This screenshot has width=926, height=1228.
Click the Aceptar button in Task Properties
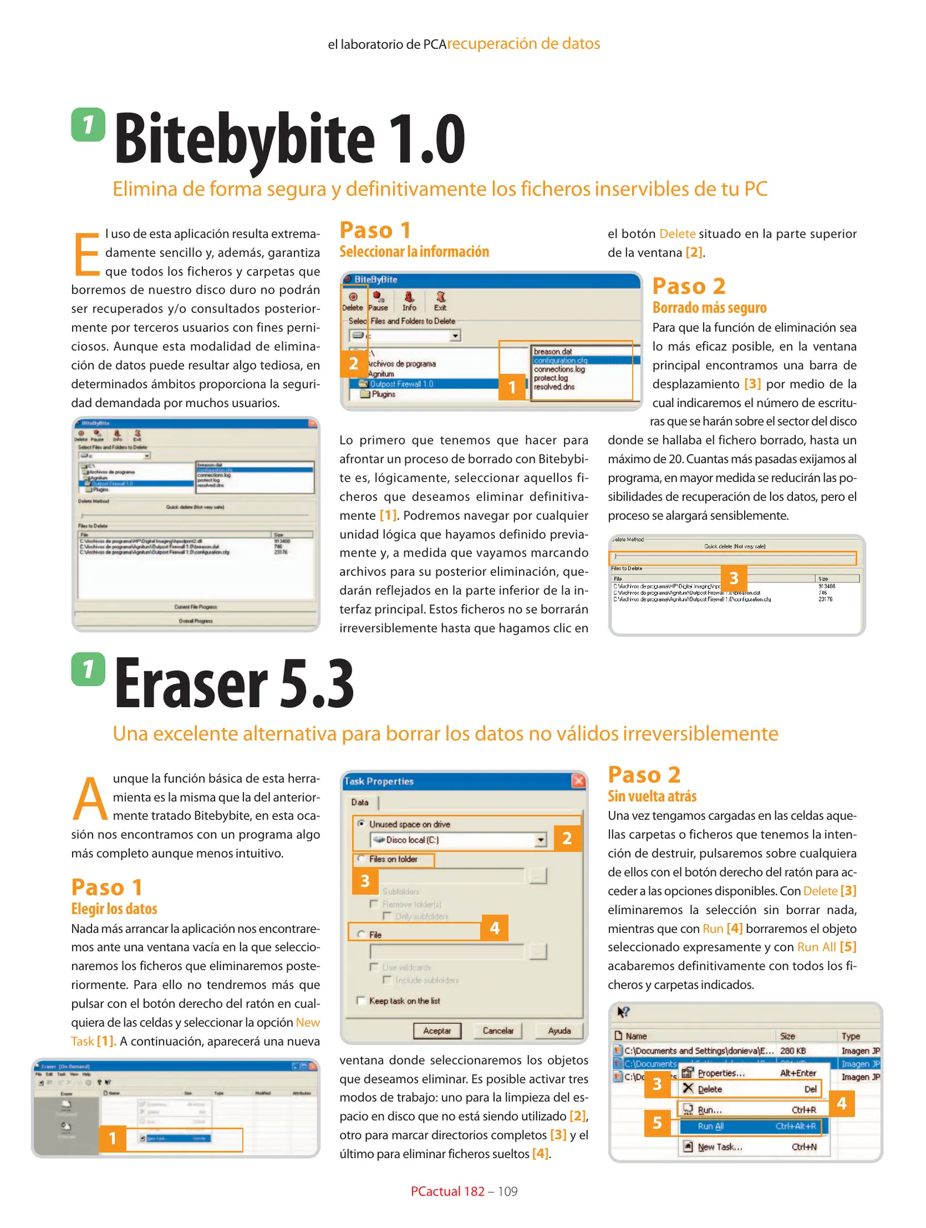point(436,1031)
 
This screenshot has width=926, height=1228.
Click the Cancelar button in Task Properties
point(498,1031)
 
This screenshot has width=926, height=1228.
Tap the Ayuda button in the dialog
point(559,1031)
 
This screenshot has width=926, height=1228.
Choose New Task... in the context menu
point(720,1147)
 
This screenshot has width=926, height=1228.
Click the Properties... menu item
point(721,1073)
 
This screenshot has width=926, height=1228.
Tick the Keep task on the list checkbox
point(360,1001)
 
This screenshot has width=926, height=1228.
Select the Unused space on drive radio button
point(361,823)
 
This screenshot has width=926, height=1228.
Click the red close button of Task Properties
point(578,781)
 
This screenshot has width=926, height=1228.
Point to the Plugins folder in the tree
point(383,394)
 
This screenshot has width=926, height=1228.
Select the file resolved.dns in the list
point(554,387)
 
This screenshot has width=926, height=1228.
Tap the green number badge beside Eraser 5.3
point(88,669)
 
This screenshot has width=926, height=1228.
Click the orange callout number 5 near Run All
point(657,1123)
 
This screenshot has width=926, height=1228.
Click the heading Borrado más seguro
point(709,308)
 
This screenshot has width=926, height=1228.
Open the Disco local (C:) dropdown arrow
point(540,840)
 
